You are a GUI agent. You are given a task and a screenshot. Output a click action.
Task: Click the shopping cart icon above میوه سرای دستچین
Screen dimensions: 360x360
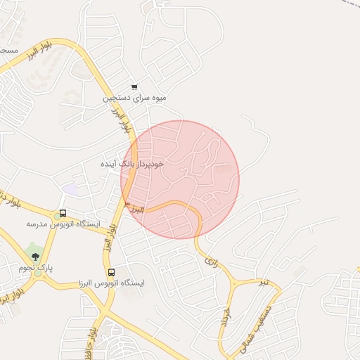coord(134,87)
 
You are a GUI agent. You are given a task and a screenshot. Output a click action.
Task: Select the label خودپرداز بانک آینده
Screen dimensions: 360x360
coord(133,163)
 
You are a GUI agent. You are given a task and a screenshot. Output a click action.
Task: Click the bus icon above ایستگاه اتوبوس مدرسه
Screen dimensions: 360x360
coord(63,213)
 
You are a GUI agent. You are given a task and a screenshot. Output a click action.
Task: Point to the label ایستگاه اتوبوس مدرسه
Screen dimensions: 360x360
coord(63,224)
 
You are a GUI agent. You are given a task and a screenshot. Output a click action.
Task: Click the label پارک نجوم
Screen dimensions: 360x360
coord(36,268)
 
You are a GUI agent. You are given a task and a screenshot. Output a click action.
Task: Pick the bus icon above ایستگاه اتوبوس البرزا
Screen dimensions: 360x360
coord(111,272)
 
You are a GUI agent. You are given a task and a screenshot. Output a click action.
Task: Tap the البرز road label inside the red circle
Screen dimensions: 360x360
coord(136,208)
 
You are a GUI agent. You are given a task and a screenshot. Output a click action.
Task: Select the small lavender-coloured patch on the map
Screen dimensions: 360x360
coord(70,188)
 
